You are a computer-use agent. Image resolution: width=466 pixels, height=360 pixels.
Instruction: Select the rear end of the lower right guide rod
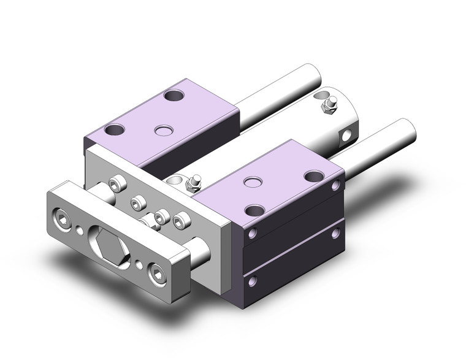tap(406, 131)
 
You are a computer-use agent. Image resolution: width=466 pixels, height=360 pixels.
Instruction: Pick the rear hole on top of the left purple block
tap(174, 96)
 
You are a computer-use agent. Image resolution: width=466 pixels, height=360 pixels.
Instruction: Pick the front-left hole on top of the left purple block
tap(115, 130)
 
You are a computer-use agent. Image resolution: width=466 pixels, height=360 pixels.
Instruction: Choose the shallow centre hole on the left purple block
tap(162, 130)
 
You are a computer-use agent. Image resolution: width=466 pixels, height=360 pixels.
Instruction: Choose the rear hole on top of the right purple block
tap(313, 177)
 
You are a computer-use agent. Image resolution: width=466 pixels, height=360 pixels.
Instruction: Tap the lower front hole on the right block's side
tap(252, 280)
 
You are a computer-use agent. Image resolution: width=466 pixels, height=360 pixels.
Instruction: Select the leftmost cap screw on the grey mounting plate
tap(114, 182)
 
